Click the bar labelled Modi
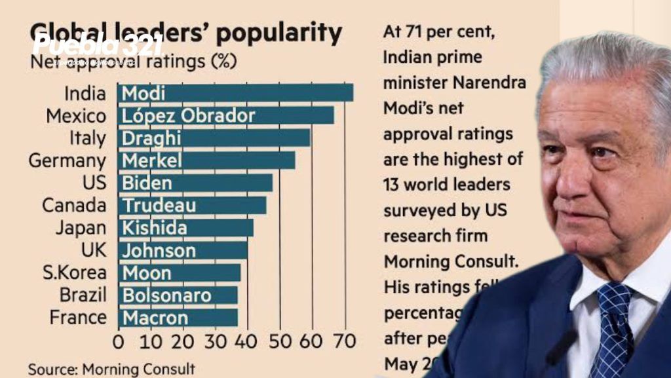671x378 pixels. pyautogui.click(x=235, y=93)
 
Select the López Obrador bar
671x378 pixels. pyautogui.click(x=225, y=116)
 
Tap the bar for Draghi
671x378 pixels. pyautogui.click(x=214, y=138)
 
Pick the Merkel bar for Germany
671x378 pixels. pyautogui.click(x=206, y=161)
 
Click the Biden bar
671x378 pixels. pyautogui.click(x=195, y=183)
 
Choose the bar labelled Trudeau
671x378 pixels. pyautogui.click(x=192, y=205)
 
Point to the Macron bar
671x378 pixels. pyautogui.click(x=178, y=318)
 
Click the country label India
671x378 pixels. pyautogui.click(x=85, y=94)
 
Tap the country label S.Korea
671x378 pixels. pyautogui.click(x=74, y=273)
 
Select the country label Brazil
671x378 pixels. pyautogui.click(x=83, y=295)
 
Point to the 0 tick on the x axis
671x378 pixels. pyautogui.click(x=119, y=342)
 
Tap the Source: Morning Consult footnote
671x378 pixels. pyautogui.click(x=111, y=369)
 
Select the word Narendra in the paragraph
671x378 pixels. pyautogui.click(x=483, y=83)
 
